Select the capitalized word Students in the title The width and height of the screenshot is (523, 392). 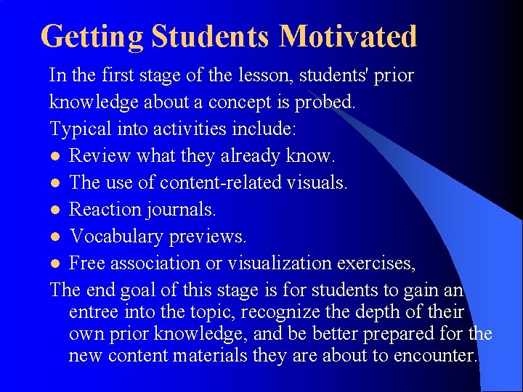(214, 36)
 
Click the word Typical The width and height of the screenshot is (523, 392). (76, 128)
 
